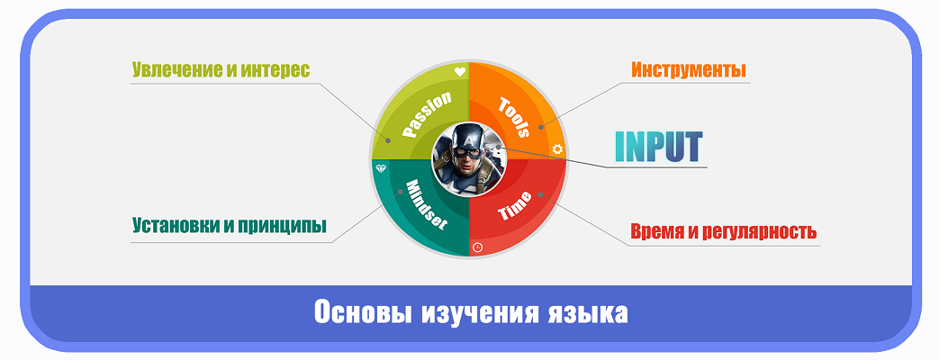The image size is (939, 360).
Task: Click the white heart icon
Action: [x=459, y=72]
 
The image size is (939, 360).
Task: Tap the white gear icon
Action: [x=557, y=149]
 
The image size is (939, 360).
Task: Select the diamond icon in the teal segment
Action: [x=380, y=168]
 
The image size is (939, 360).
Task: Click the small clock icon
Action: [x=477, y=247]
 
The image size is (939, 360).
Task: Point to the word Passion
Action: [x=426, y=114]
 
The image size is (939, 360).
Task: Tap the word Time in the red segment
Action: [x=514, y=205]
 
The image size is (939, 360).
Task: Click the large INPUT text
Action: [x=658, y=147]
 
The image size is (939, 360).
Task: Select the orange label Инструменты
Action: [x=689, y=70]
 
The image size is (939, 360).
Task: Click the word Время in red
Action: [x=655, y=230]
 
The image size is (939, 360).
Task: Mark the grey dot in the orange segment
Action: [x=540, y=126]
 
